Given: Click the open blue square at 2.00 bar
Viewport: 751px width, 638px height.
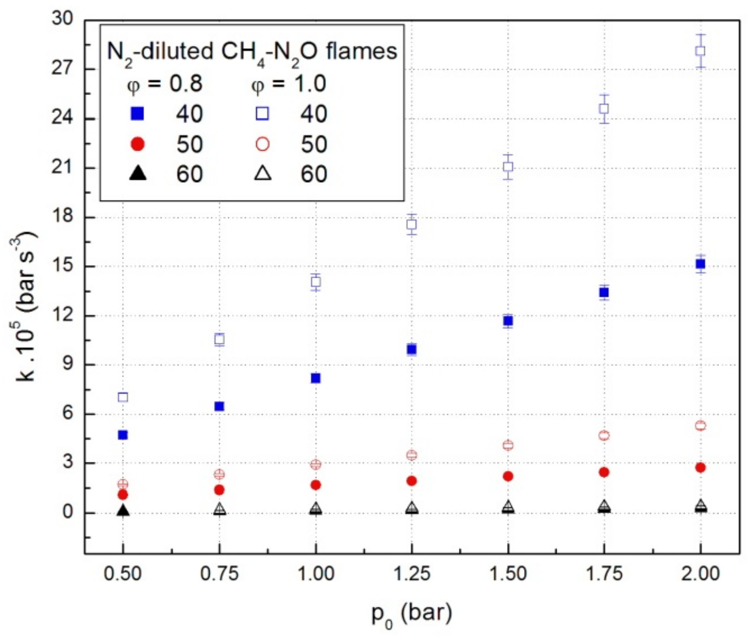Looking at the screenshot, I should (x=700, y=51).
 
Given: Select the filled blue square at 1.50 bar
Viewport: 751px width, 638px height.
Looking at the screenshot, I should (x=508, y=321).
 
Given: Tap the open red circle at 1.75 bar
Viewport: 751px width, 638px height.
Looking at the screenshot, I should (x=604, y=436).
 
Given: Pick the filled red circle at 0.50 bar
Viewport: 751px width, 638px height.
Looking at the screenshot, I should (x=123, y=495).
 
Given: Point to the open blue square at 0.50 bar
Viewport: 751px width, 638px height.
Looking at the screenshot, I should (x=123, y=397).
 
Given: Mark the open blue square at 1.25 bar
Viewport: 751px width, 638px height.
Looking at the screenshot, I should (x=411, y=224).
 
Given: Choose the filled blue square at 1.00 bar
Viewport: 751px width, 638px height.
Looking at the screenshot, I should (x=315, y=378).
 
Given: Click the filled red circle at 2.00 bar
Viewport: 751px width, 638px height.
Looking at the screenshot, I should (x=700, y=468).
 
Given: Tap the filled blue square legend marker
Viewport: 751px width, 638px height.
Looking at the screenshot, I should (x=138, y=114).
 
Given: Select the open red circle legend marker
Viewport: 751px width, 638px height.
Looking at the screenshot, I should (x=262, y=144).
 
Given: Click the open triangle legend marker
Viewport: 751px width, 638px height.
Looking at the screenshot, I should (x=262, y=174).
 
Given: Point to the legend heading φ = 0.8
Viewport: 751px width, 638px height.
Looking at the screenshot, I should (x=165, y=84).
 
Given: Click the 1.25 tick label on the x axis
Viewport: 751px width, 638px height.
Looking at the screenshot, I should (x=411, y=574).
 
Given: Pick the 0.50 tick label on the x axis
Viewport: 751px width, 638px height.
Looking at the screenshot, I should (x=123, y=574).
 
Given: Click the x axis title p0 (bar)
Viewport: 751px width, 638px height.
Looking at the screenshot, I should (x=411, y=614).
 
